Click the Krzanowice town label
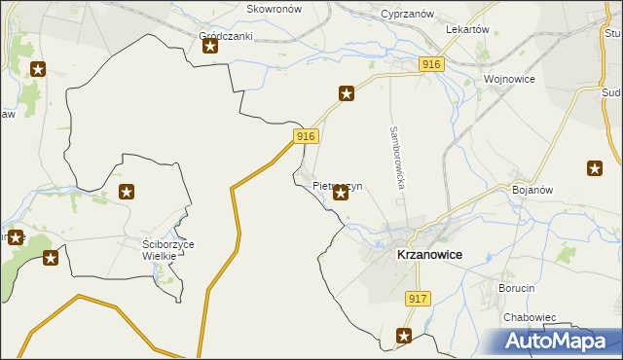pyautogui.click(x=429, y=255)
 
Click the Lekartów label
pyautogui.click(x=466, y=30)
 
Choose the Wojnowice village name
pyautogui.click(x=509, y=80)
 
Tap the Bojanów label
pyautogui.click(x=533, y=191)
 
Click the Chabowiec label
pyautogui.click(x=530, y=317)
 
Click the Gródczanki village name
pyautogui.click(x=226, y=37)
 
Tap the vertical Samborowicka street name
pyautogui.click(x=396, y=157)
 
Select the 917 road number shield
pyautogui.click(x=418, y=300)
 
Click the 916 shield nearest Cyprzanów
pyautogui.click(x=433, y=64)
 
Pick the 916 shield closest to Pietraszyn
pyautogui.click(x=306, y=137)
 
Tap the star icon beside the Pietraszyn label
pyautogui.click(x=341, y=194)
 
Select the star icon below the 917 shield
pyautogui.click(x=404, y=337)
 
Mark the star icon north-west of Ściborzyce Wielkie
pyautogui.click(x=126, y=193)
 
